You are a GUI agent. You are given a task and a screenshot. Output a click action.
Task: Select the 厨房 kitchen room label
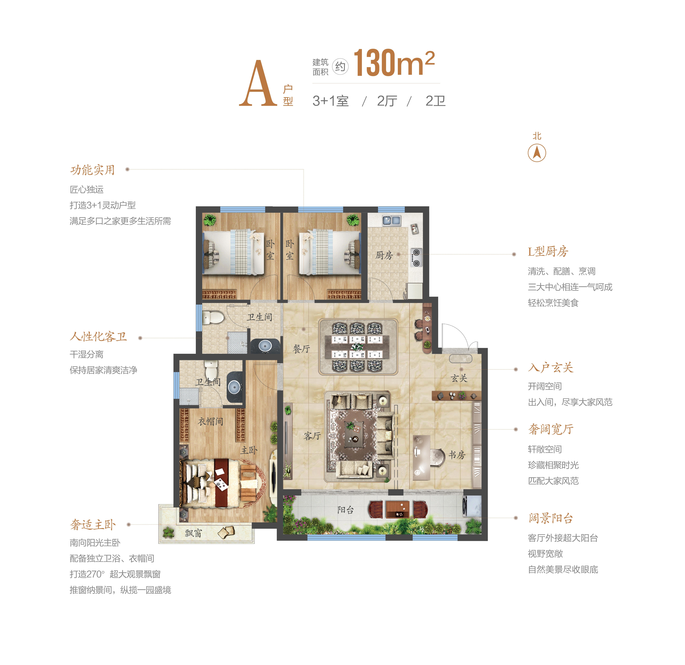(x=384, y=255)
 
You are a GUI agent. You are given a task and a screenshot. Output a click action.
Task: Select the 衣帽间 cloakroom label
(x=210, y=422)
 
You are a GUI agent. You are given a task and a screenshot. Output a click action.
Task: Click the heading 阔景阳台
(x=551, y=518)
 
